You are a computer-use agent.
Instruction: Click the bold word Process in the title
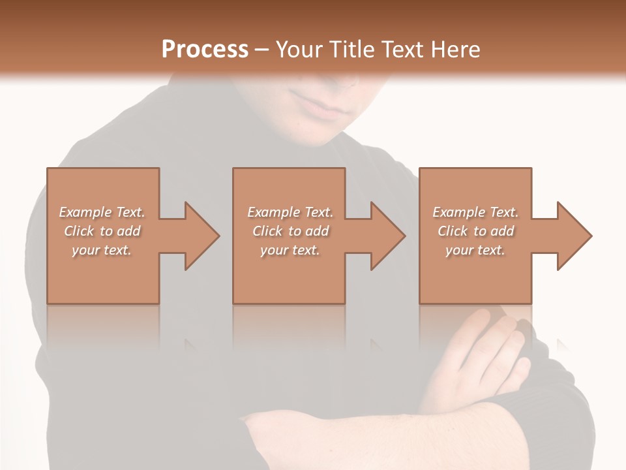[x=205, y=50]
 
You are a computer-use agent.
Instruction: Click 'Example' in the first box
[x=85, y=212]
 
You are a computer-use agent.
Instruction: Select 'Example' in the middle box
[x=273, y=212]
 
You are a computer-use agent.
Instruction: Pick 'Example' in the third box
[x=458, y=212]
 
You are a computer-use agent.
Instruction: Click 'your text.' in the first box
[x=102, y=250]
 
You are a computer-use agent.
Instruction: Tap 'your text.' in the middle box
[x=290, y=250]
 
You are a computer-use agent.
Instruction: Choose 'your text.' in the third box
[x=475, y=250]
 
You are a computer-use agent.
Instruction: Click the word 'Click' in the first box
[x=79, y=231]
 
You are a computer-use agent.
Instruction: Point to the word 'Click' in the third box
[x=453, y=231]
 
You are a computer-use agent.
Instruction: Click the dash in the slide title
[x=261, y=50]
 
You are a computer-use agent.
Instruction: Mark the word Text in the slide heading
[x=401, y=50]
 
